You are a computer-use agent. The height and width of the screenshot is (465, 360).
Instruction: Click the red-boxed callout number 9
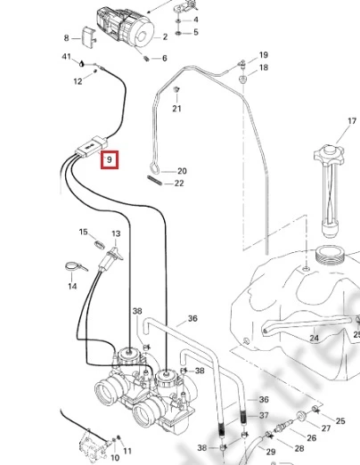(110, 159)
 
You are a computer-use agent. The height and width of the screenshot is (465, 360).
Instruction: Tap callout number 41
(66, 56)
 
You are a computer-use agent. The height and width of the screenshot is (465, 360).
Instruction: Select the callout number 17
(352, 121)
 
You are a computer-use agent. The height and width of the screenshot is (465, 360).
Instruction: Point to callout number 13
(116, 234)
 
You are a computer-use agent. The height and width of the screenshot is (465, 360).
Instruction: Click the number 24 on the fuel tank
(314, 338)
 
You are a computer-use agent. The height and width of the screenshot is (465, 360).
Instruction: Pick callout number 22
(179, 184)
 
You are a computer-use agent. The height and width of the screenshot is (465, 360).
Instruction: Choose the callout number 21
(176, 109)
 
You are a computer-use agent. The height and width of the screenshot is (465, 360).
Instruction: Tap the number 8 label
(66, 38)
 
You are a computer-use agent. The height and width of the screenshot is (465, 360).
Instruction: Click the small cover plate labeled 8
(88, 37)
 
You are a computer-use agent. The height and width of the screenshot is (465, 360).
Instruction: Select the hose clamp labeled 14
(74, 266)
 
